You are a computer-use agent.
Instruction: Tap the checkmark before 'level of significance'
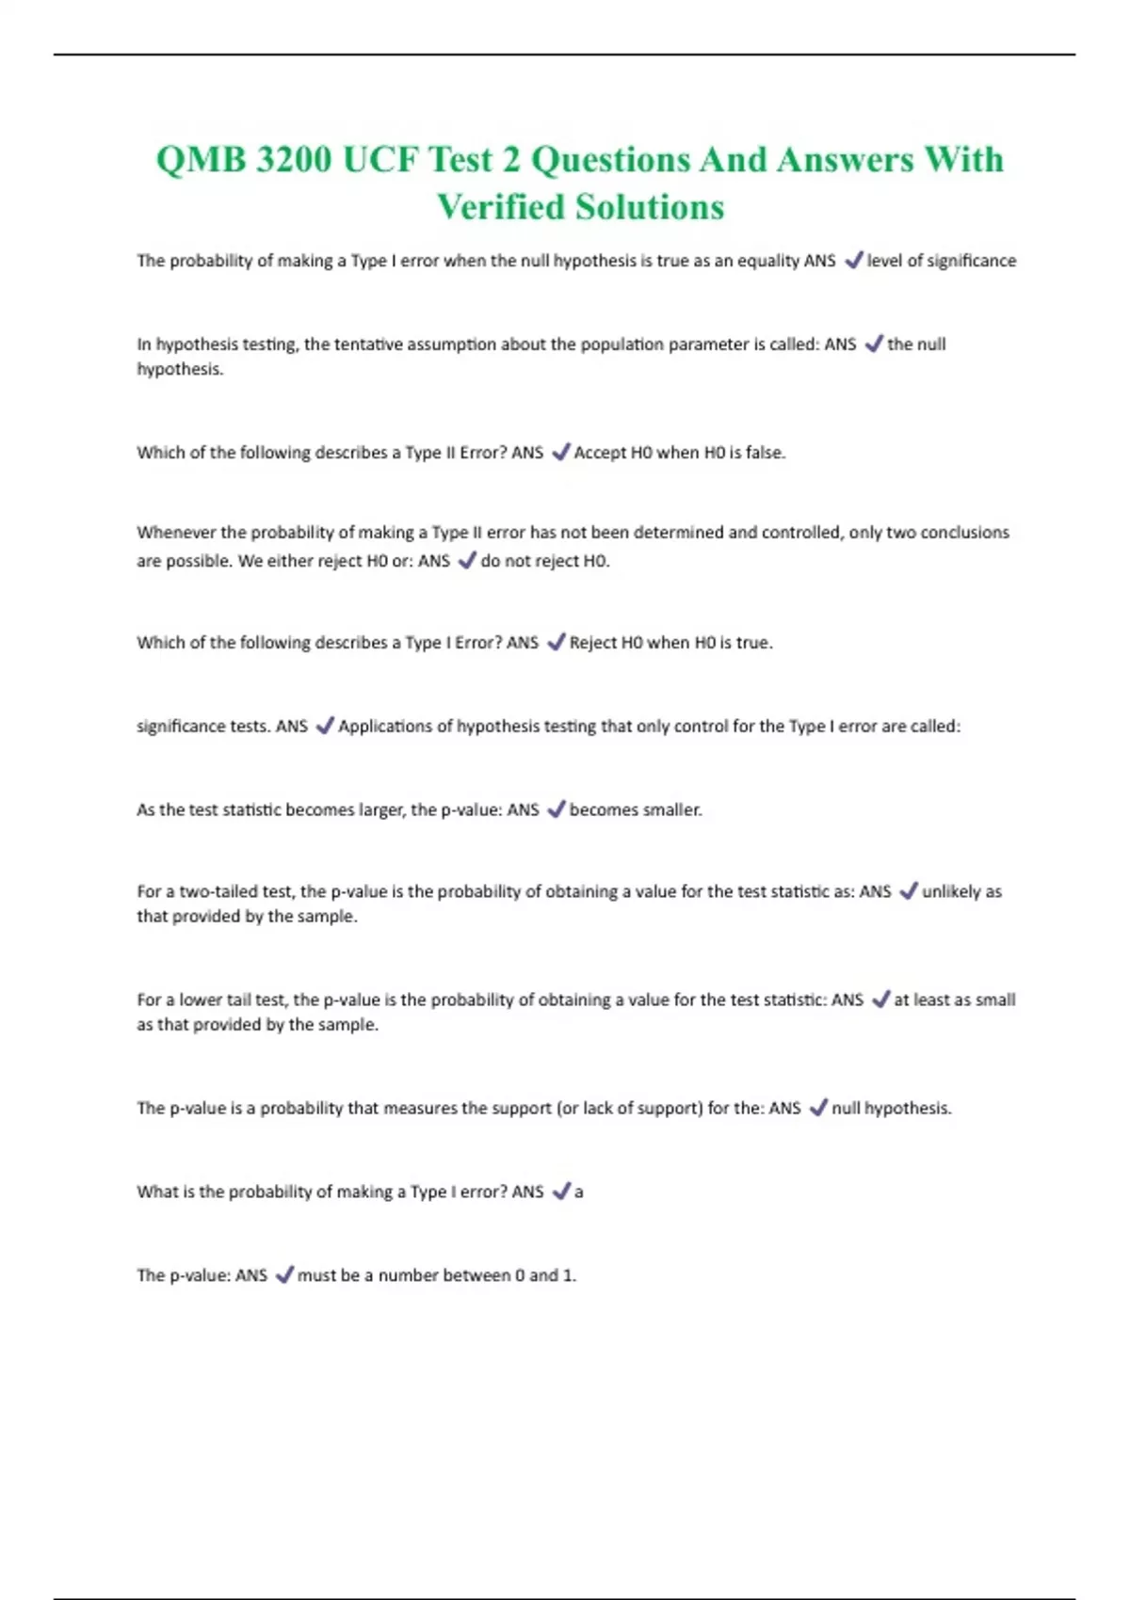point(854,261)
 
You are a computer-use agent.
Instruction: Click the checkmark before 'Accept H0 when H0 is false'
point(560,453)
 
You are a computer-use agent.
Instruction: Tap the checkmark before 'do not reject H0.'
point(467,561)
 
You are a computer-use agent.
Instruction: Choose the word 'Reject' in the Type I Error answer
point(593,643)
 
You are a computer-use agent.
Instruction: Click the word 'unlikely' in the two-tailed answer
point(951,891)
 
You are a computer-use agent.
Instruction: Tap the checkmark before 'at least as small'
point(880,1000)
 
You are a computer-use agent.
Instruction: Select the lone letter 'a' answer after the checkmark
point(579,1192)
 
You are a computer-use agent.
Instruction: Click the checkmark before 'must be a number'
point(283,1276)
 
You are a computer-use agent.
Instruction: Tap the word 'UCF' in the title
point(379,160)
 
